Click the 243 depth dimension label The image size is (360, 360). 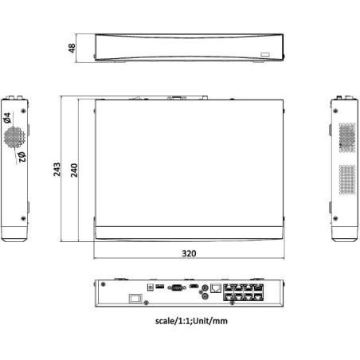point(57,170)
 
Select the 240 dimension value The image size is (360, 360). point(74,170)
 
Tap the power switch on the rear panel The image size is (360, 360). point(138,301)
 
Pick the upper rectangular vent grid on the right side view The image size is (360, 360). point(346,135)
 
